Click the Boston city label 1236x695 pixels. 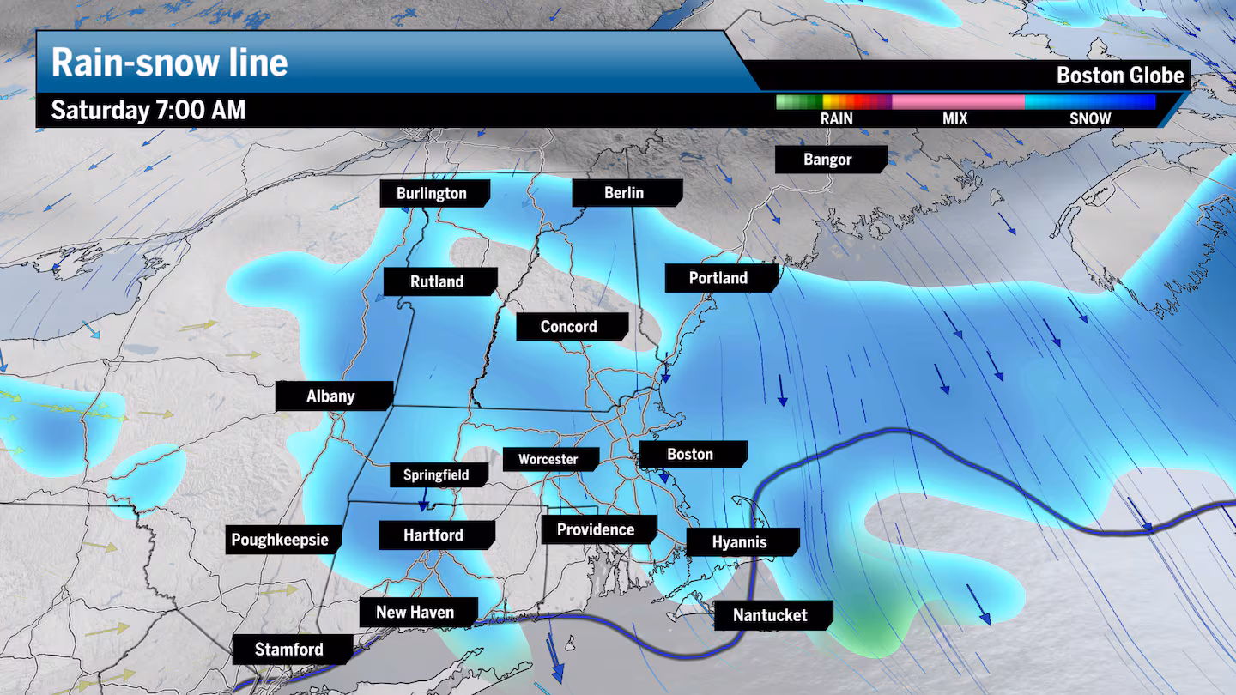pos(691,454)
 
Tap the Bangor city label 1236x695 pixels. pos(827,160)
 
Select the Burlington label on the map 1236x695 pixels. pos(432,193)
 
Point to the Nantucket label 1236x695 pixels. pos(770,615)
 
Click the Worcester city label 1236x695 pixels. pos(548,459)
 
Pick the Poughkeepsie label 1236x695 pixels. pos(280,541)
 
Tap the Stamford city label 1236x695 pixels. pos(289,650)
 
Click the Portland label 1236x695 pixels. pos(718,278)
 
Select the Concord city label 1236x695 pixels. pos(568,326)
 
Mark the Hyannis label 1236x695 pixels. pos(739,542)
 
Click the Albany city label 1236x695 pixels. pos(330,396)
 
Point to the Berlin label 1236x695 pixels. pos(624,192)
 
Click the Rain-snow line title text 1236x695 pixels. pos(169,63)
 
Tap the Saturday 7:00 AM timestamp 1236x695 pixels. pos(148,110)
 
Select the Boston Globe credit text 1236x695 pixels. pos(1119,76)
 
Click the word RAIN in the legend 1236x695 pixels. pos(836,118)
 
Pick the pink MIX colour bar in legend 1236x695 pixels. pos(958,102)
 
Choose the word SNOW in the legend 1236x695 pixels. pos(1089,118)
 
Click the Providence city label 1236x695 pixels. pos(596,529)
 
